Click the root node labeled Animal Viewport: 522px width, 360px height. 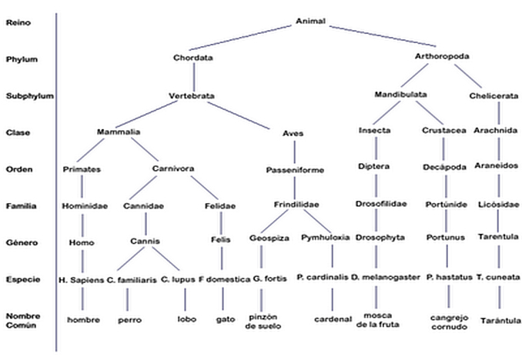tap(310, 22)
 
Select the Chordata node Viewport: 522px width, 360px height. tap(192, 58)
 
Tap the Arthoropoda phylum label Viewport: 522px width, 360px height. tap(442, 57)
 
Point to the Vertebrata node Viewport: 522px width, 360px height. tap(192, 96)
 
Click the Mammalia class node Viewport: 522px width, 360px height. tap(119, 132)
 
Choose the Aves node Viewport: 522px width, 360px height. tap(293, 133)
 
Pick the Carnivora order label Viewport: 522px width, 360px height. tap(173, 168)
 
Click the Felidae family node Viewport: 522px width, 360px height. tap(220, 206)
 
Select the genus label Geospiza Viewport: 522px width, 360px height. tap(269, 238)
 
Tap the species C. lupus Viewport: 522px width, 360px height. tap(178, 279)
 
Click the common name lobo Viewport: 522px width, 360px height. tap(187, 319)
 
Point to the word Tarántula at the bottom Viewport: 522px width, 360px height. tap(500, 321)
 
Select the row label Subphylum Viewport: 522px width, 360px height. tap(29, 96)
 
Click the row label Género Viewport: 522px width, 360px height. tap(22, 242)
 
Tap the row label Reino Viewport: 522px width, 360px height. tap(18, 23)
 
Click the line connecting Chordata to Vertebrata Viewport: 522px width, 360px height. tap(194, 76)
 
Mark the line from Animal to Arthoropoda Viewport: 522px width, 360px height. tap(383, 36)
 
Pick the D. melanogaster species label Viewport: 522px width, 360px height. tap(386, 278)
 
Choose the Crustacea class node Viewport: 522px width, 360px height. tap(443, 131)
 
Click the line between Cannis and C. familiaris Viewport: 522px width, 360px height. tap(131, 259)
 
